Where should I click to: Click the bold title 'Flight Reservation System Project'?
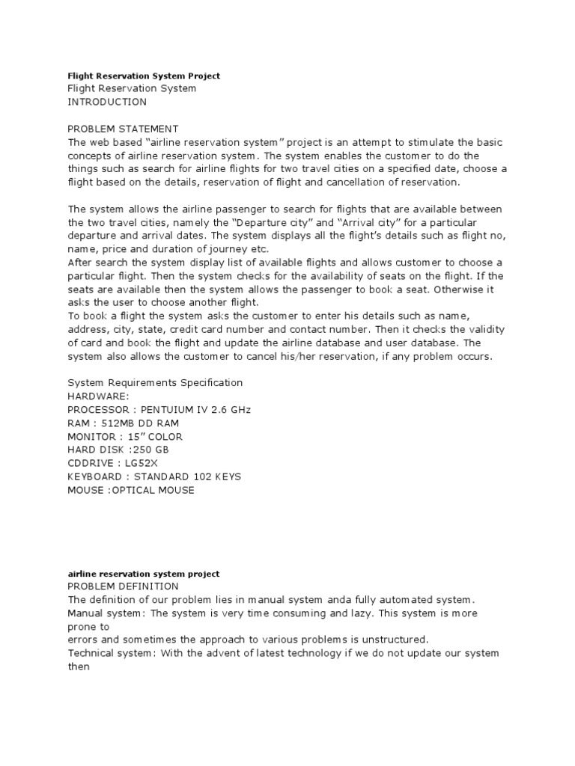(144, 76)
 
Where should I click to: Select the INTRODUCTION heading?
(107, 102)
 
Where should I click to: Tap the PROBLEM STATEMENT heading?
(123, 129)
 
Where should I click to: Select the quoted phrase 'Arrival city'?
(342, 223)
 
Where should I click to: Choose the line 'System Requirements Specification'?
(155, 383)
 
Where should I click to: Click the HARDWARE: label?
(99, 396)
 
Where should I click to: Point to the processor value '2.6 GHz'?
(231, 410)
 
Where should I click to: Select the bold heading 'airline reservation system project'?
(143, 574)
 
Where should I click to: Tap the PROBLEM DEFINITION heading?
(123, 586)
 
